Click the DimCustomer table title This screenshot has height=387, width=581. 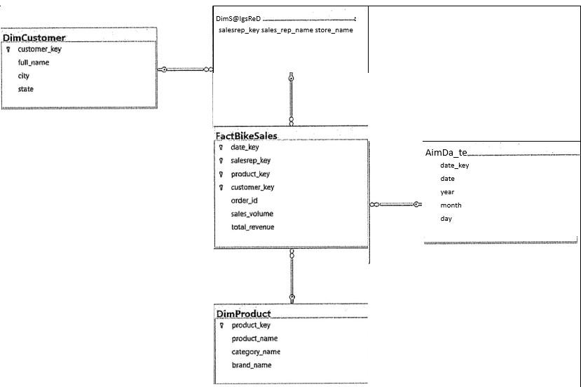34,38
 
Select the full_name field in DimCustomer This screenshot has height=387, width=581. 34,62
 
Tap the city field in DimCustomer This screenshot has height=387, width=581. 24,76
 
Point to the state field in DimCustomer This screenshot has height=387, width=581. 26,89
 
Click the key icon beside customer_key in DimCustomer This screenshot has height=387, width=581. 8,50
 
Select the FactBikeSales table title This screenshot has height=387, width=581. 246,135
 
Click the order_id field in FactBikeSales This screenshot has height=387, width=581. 245,201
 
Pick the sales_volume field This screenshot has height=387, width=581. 252,214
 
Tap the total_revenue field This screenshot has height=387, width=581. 253,227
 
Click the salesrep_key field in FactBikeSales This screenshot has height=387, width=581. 250,161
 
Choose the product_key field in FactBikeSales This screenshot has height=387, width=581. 250,174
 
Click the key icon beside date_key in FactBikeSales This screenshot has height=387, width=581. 221,148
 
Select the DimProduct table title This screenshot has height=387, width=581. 243,313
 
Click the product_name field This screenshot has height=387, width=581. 254,339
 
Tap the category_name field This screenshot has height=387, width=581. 256,352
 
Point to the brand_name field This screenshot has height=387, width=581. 252,365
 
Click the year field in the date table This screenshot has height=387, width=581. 447,191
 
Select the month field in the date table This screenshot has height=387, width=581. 451,205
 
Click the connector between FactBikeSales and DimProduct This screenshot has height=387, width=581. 292,276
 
